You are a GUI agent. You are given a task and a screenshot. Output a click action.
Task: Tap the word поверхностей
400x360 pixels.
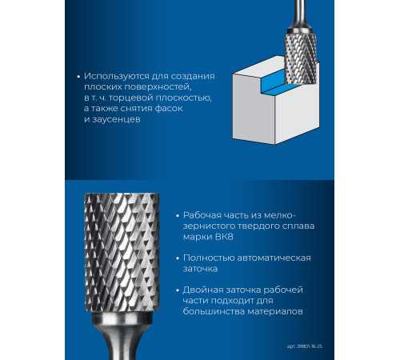pyautogui.click(x=158, y=87)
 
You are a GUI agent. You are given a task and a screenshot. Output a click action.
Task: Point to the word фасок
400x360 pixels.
pyautogui.click(x=169, y=109)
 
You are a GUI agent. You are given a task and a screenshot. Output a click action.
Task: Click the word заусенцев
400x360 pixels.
pyautogui.click(x=116, y=119)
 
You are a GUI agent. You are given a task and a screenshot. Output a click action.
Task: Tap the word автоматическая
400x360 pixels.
pyautogui.click(x=274, y=258)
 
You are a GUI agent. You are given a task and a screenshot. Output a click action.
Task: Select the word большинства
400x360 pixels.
pyautogui.click(x=214, y=311)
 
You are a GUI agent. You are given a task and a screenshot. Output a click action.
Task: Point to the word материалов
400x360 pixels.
pyautogui.click(x=275, y=311)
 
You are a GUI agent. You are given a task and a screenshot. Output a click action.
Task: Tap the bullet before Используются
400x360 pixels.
pyautogui.click(x=78, y=77)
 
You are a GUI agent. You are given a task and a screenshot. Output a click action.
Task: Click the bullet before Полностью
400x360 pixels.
pyautogui.click(x=178, y=258)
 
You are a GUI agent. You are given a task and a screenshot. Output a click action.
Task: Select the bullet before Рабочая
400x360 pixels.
pyautogui.click(x=178, y=216)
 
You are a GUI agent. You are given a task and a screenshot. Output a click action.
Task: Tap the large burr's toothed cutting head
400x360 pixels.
pyautogui.click(x=122, y=252)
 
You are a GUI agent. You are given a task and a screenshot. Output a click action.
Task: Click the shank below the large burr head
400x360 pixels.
pyautogui.click(x=122, y=336)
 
